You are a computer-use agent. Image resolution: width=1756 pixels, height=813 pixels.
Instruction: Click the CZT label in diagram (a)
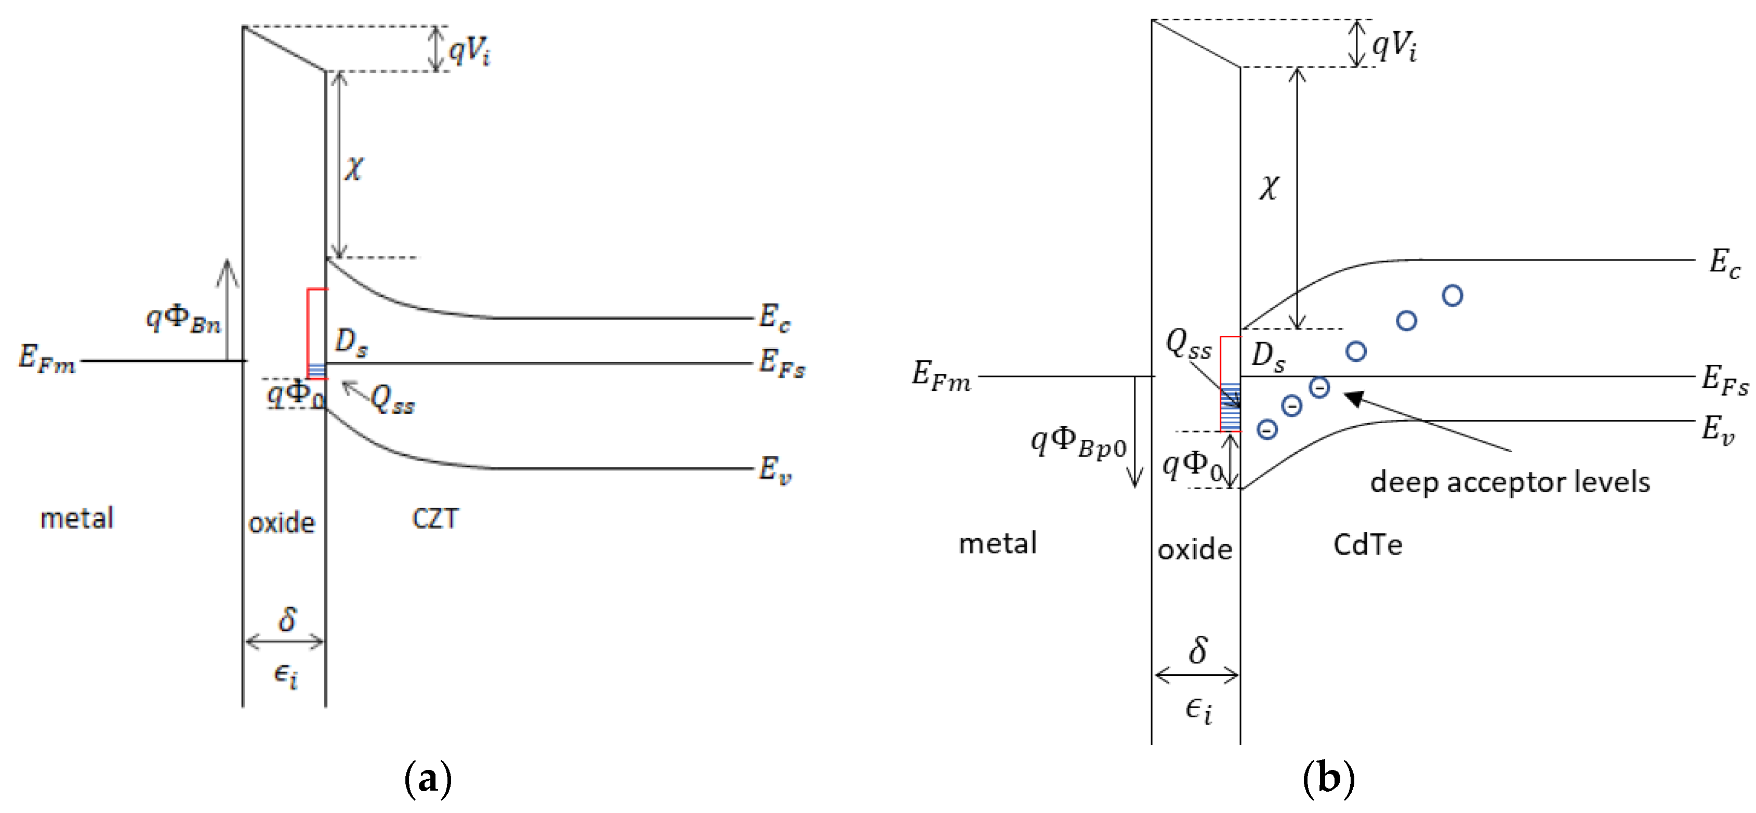[435, 518]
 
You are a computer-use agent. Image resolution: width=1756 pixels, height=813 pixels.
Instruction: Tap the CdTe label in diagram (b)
[1367, 544]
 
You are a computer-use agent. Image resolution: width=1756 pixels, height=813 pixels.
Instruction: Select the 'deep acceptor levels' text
[1509, 481]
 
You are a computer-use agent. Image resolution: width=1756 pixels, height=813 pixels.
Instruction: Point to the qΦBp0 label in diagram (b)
[1078, 443]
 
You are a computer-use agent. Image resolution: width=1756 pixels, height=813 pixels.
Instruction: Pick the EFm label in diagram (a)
[46, 359]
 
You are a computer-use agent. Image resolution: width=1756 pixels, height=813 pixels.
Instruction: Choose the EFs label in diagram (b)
[1724, 380]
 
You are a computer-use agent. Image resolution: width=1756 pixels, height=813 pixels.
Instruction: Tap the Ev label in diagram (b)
[1718, 430]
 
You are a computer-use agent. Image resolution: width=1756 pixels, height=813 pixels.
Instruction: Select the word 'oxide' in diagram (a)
[282, 523]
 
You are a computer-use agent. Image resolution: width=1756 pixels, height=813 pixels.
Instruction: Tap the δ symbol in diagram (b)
[1198, 650]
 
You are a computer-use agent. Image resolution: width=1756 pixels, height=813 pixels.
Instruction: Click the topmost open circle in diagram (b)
[1453, 295]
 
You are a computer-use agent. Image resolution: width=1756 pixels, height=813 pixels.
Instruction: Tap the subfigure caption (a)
[427, 778]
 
